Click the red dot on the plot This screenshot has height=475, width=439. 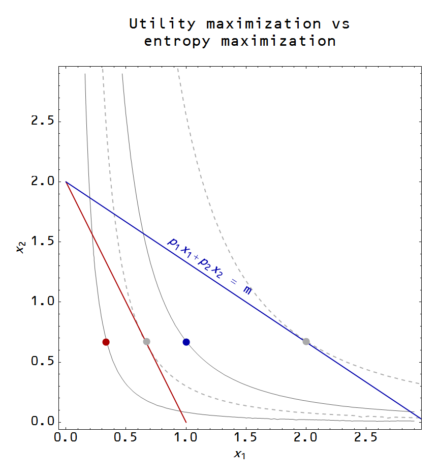coord(106,342)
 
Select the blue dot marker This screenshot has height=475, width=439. coord(186,342)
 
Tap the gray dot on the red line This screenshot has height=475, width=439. coord(146,341)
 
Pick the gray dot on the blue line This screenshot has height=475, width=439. coord(306,341)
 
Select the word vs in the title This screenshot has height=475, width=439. coord(339,24)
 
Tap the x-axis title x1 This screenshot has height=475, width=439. coord(239,454)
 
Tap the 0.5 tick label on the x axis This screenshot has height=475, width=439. coord(126,437)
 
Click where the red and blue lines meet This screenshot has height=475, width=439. coord(66,182)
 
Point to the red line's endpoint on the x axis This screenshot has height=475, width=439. coord(186,422)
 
